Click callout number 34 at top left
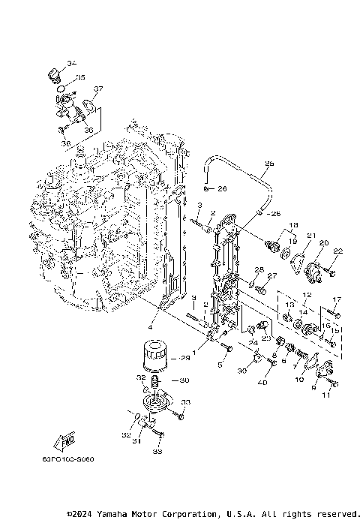pyautogui.click(x=71, y=63)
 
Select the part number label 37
pyautogui.click(x=97, y=89)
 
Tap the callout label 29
pyautogui.click(x=186, y=359)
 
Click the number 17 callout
pyautogui.click(x=336, y=299)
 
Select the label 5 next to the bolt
pyautogui.click(x=220, y=365)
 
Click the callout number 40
pyautogui.click(x=262, y=383)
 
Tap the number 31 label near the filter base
pyautogui.click(x=136, y=441)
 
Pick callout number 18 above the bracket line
pyautogui.click(x=293, y=224)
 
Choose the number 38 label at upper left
pyautogui.click(x=65, y=143)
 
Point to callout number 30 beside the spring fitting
pyautogui.click(x=185, y=380)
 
